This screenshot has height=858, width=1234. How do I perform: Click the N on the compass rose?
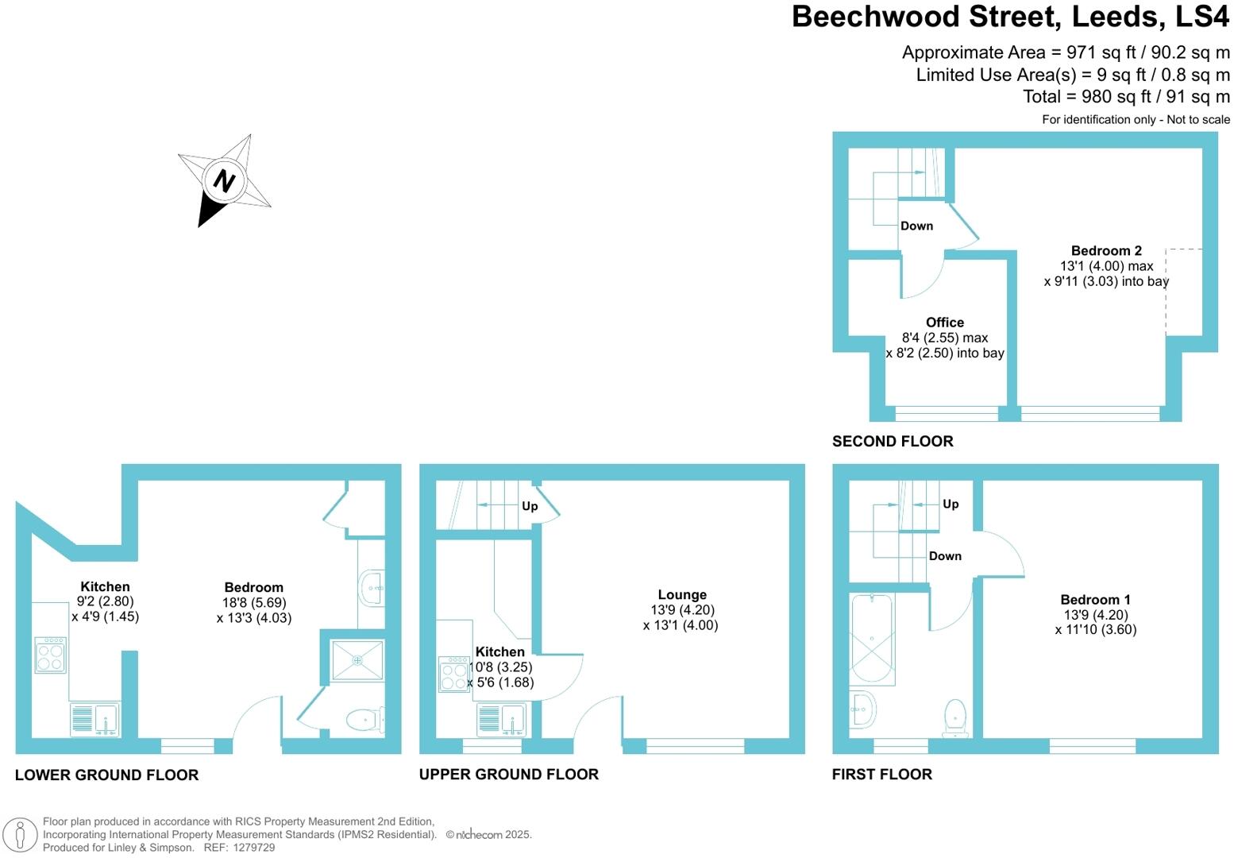click(223, 181)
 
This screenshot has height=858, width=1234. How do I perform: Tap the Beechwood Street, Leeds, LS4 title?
click(1010, 17)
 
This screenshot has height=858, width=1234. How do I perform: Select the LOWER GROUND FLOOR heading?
click(106, 775)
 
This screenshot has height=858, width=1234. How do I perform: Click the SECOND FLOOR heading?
click(893, 441)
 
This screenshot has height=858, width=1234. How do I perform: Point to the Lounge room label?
click(681, 594)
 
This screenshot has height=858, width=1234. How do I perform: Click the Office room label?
click(944, 322)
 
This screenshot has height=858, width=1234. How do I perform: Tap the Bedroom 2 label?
click(1105, 250)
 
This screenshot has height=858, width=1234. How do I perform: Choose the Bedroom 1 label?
click(1095, 600)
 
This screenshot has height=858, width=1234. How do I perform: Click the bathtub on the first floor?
click(872, 640)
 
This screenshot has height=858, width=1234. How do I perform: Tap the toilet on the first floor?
click(954, 717)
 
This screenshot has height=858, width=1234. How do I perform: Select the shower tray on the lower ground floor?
click(357, 659)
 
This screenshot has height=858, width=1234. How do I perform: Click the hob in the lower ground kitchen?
click(51, 655)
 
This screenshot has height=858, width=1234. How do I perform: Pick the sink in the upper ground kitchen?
click(511, 718)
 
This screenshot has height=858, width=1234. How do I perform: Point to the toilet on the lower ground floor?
click(366, 720)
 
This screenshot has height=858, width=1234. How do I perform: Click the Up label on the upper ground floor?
click(530, 506)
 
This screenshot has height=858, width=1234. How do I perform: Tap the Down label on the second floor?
click(916, 226)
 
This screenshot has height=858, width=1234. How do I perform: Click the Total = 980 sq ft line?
click(1126, 96)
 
